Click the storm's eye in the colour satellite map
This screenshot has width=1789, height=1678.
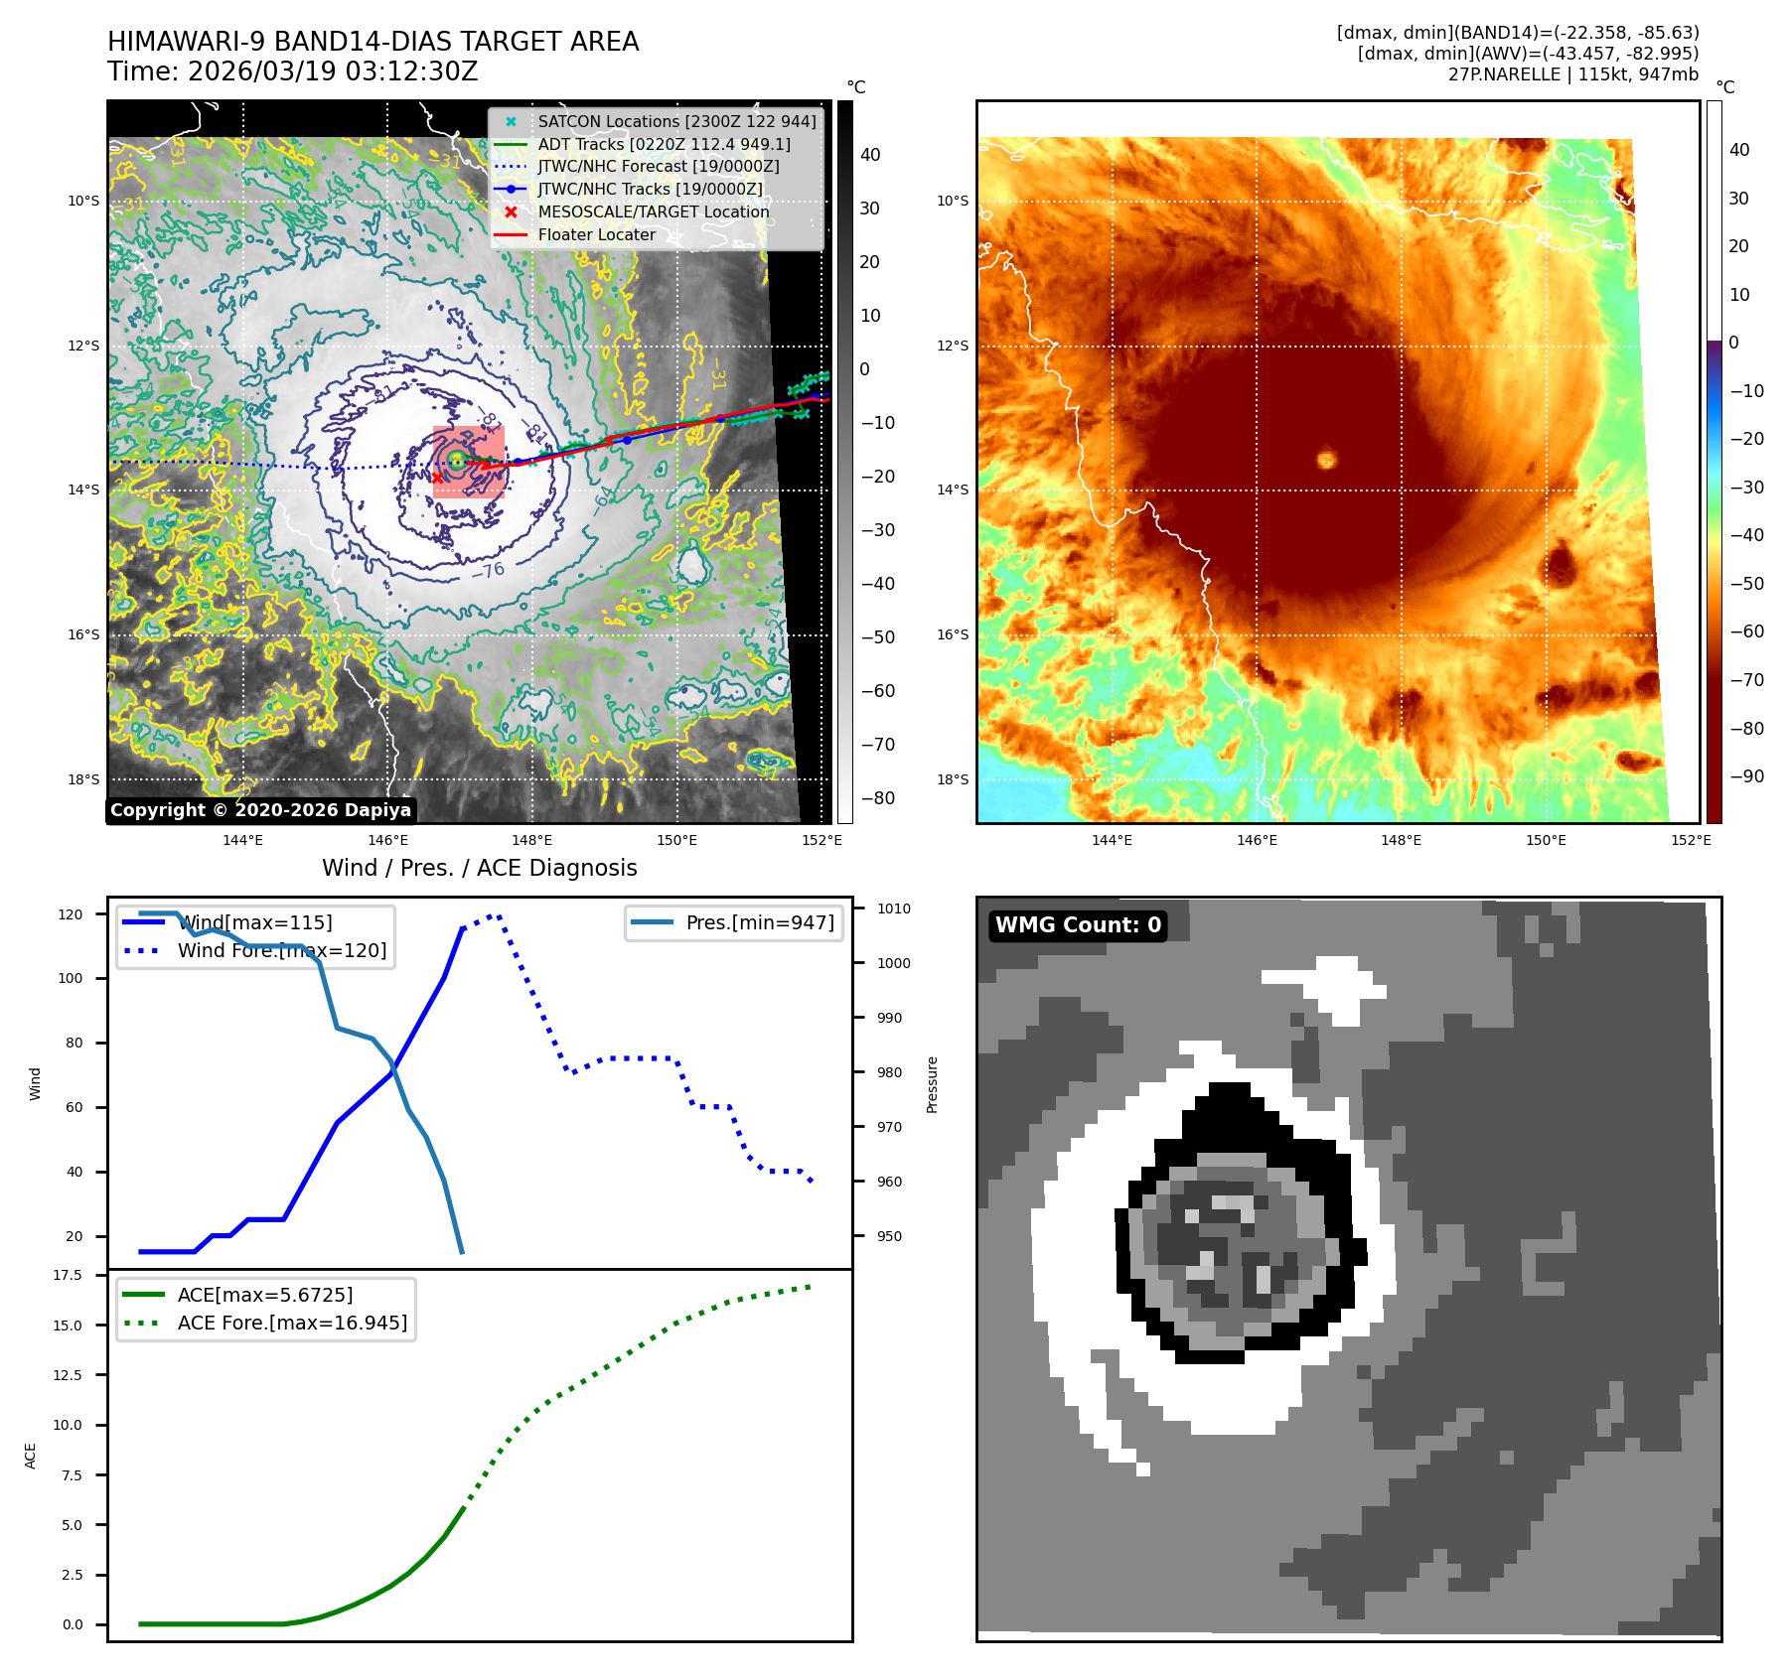(1326, 459)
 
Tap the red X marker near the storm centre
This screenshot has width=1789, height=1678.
(437, 478)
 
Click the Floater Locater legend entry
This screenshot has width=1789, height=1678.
(596, 234)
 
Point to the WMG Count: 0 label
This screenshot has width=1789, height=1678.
(1078, 925)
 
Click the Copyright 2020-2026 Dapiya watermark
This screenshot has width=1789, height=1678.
(260, 810)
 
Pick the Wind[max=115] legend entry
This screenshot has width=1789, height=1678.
(254, 922)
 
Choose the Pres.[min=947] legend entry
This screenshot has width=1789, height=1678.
(759, 922)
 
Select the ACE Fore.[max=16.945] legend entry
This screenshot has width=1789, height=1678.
(292, 1323)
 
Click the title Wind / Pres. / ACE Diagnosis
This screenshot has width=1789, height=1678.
(479, 868)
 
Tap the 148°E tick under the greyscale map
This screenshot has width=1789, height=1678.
(532, 840)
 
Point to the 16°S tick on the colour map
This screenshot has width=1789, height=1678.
(952, 634)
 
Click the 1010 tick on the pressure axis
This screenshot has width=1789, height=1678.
(893, 909)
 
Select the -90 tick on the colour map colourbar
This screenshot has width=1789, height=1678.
(1746, 776)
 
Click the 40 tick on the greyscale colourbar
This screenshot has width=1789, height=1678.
(870, 155)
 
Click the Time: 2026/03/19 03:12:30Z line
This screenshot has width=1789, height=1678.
(293, 71)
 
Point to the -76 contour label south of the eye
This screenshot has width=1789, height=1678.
(487, 571)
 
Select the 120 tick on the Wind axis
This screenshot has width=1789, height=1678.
(71, 914)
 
